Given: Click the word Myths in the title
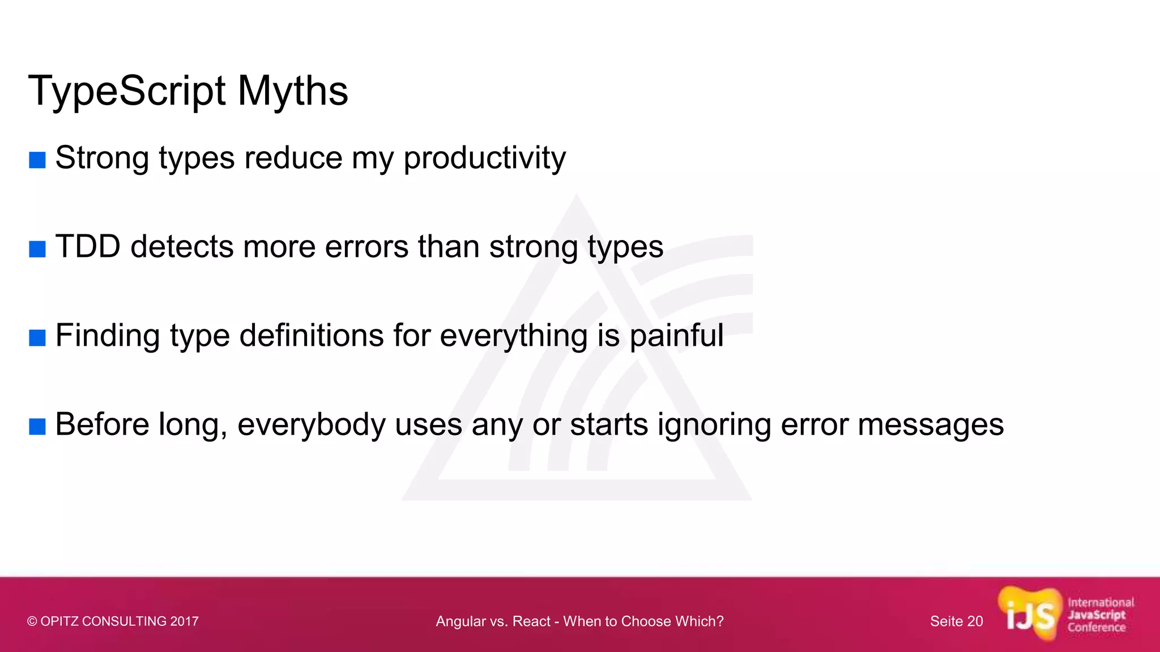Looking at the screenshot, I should [x=292, y=92].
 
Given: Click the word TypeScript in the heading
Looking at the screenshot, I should [x=127, y=92].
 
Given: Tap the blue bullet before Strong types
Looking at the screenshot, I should [x=37, y=160].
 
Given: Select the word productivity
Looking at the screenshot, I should [x=484, y=158].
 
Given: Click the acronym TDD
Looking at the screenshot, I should [x=88, y=247].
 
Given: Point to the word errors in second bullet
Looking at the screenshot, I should [x=366, y=247].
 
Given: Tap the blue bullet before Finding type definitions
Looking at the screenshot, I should [x=37, y=338].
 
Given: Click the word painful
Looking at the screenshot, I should [x=676, y=336].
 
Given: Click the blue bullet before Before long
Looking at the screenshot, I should [x=37, y=427].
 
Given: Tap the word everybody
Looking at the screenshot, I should [x=311, y=425].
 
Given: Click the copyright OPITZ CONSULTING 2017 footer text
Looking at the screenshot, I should [x=113, y=621].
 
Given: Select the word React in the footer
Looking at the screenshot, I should [x=531, y=621].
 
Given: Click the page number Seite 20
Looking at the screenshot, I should [x=956, y=621].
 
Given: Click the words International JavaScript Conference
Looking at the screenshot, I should [x=1100, y=615].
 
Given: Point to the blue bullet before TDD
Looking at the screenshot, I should [x=37, y=249].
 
